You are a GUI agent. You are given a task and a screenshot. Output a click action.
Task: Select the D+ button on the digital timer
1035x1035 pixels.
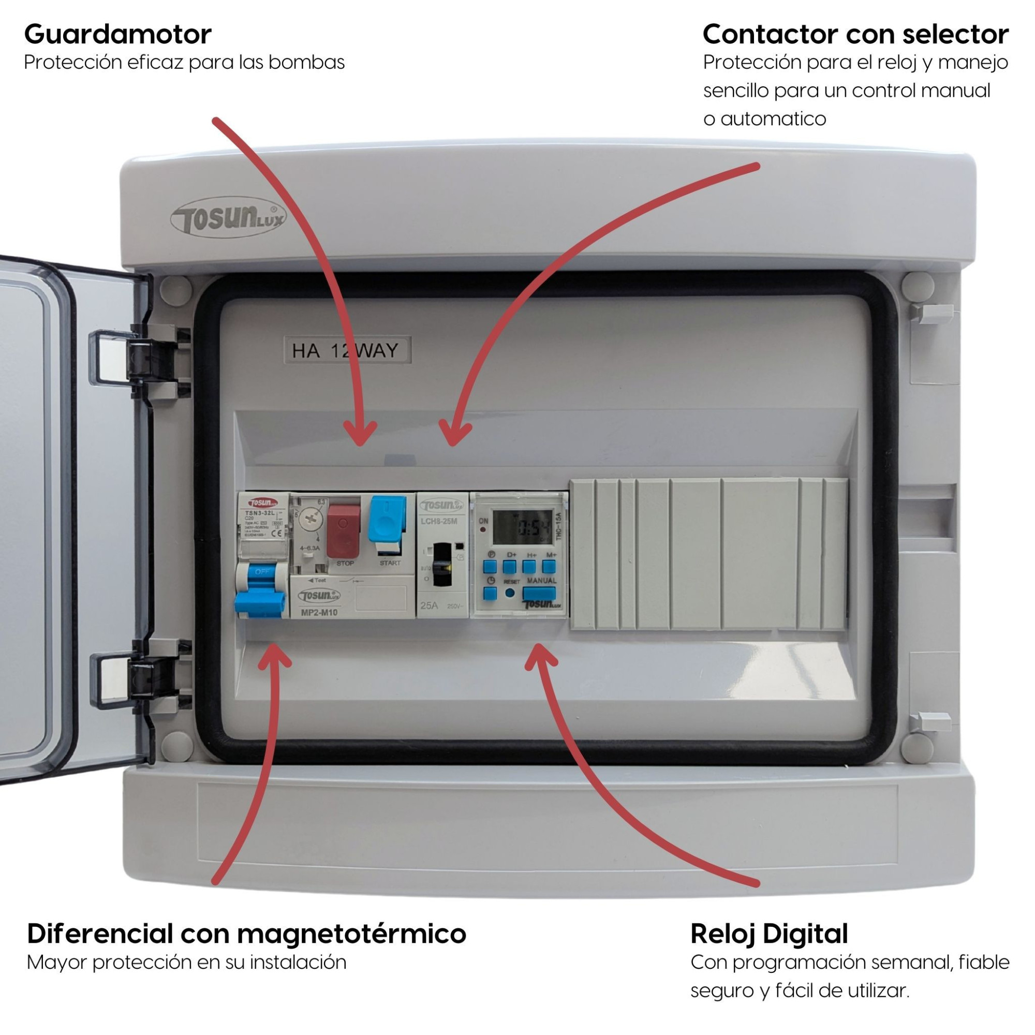tap(509, 567)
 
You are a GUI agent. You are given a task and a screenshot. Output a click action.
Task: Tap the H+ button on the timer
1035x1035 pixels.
tap(529, 567)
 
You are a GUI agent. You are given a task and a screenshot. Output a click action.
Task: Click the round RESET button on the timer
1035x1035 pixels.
tap(510, 593)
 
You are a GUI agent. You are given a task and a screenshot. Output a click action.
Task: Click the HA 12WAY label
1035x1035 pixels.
tap(347, 350)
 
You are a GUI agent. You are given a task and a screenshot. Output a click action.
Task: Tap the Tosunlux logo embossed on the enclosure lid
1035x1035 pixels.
tap(228, 218)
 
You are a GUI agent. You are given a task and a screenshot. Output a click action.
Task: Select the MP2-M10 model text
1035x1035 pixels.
tap(319, 612)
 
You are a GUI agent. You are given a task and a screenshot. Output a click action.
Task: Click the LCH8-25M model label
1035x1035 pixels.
tap(439, 521)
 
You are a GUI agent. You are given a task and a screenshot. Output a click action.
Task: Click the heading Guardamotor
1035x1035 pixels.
tap(118, 34)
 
